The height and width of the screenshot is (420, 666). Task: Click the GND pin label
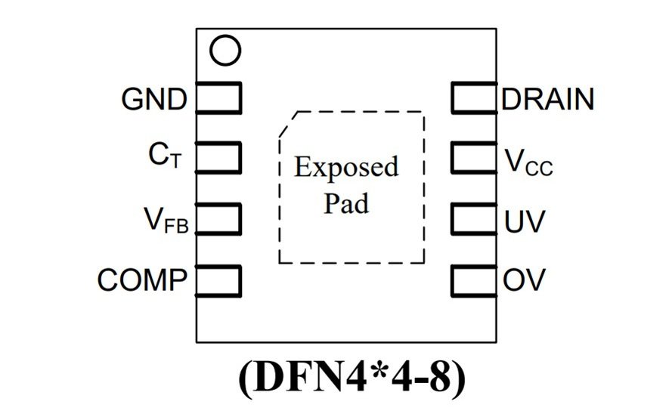click(153, 100)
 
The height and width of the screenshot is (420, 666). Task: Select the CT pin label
click(165, 156)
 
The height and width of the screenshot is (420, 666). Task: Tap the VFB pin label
click(166, 220)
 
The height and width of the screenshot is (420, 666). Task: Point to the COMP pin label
click(142, 280)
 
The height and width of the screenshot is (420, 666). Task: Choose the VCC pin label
click(528, 162)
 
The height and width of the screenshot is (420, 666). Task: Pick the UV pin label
click(524, 222)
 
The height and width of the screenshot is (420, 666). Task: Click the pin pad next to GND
click(218, 97)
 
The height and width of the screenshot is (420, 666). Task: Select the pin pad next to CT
click(218, 158)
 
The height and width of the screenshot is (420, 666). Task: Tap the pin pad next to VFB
click(218, 218)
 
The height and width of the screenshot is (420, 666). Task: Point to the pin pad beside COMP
click(218, 280)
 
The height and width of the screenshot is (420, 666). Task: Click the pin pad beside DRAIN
click(474, 97)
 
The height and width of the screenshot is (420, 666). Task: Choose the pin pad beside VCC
click(474, 158)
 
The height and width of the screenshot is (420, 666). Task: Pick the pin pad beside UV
click(474, 219)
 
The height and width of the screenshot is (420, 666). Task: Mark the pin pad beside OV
click(474, 280)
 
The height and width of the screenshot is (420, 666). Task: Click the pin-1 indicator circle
click(225, 51)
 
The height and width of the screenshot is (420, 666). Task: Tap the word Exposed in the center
click(346, 167)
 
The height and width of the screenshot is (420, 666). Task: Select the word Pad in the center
click(347, 203)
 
